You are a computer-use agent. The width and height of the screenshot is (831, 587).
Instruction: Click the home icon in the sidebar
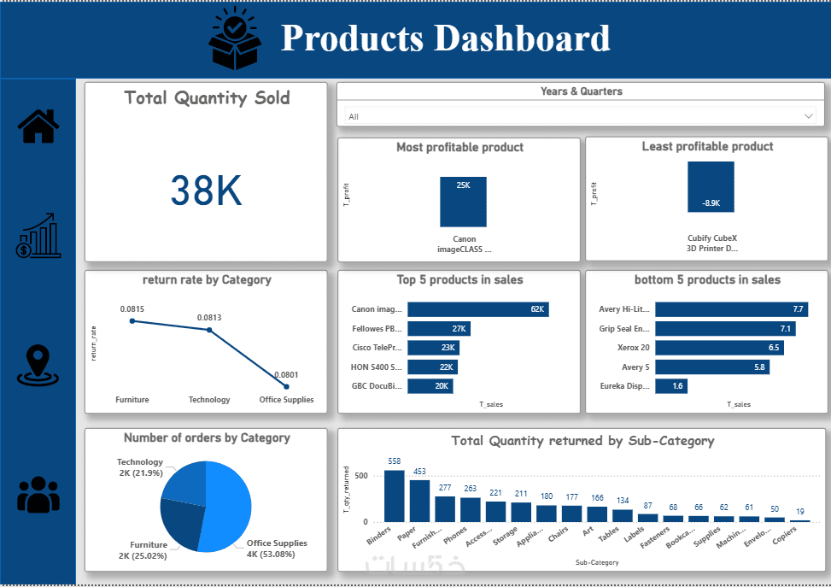[38, 126]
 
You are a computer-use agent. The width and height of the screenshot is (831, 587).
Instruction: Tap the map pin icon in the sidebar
[38, 365]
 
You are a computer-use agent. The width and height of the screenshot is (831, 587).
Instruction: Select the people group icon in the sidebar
[38, 493]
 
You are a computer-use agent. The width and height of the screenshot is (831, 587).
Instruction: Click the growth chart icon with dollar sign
[38, 237]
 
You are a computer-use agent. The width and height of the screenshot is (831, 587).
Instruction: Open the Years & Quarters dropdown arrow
[809, 116]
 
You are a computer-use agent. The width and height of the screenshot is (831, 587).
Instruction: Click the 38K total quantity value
[206, 191]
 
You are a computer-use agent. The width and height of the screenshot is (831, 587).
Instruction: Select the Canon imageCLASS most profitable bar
[464, 202]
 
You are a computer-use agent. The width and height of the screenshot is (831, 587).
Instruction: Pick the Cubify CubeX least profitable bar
[711, 186]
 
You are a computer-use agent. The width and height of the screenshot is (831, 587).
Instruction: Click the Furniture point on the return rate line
[132, 321]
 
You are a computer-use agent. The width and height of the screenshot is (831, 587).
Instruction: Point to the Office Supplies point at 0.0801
[286, 387]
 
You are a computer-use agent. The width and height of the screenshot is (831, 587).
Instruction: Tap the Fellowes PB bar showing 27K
[439, 328]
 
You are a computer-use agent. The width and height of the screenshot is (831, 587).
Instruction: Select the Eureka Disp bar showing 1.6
[671, 386]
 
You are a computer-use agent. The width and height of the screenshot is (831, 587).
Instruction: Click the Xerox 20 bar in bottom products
[719, 348]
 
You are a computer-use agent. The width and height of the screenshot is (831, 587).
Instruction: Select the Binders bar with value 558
[395, 496]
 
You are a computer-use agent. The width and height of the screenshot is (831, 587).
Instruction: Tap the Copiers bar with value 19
[800, 520]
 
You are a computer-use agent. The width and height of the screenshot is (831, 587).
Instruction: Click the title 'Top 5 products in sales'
[459, 279]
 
